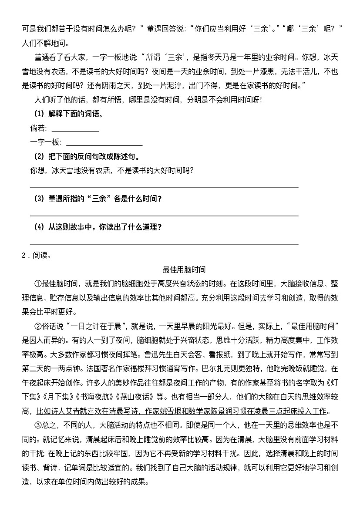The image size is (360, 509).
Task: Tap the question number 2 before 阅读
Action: (24, 256)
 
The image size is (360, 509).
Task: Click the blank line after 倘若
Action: (75, 131)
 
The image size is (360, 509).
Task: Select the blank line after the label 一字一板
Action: (104, 145)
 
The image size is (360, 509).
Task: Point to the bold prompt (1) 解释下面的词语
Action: (68, 114)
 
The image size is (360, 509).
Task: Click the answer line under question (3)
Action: (164, 215)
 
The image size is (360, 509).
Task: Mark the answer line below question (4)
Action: (164, 244)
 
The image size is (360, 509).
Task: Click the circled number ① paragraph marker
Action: (37, 284)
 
